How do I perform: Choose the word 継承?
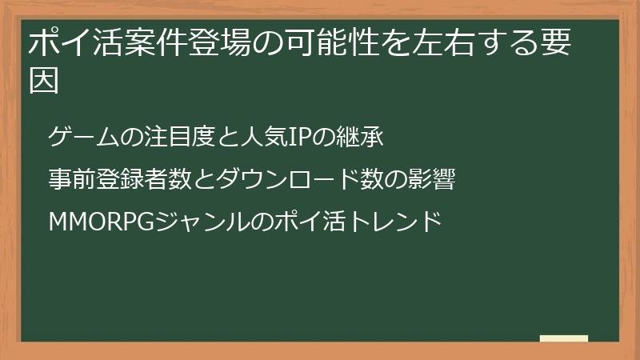tap(365, 138)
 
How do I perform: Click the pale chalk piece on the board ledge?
tap(564, 338)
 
